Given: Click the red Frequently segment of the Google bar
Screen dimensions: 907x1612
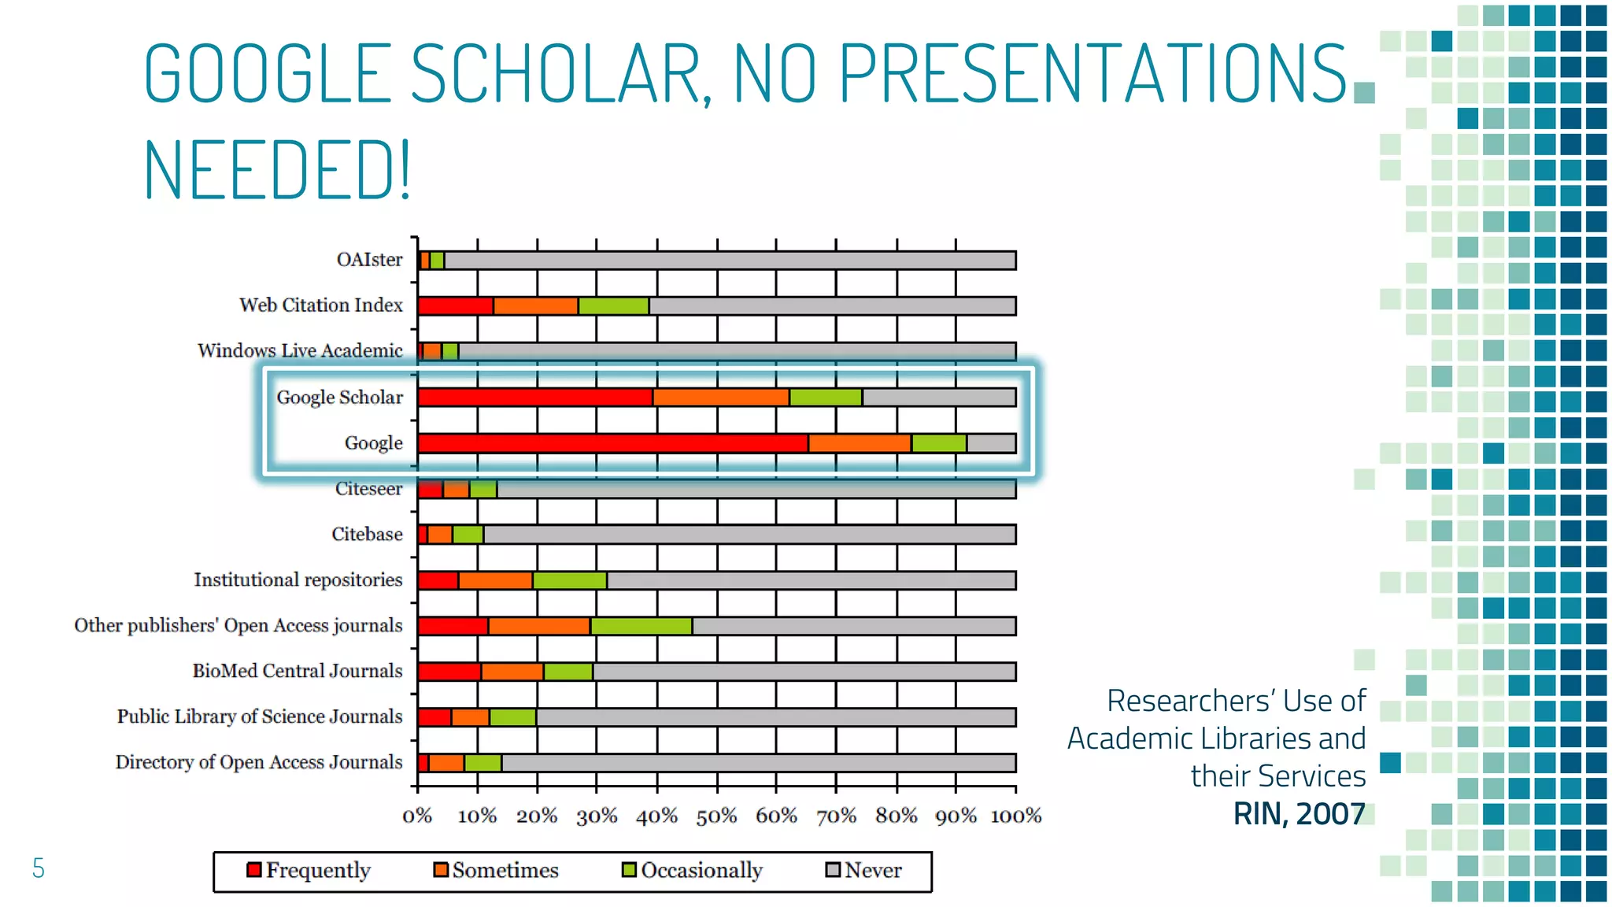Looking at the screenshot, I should click(x=612, y=443).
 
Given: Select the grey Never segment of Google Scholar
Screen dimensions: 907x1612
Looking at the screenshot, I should click(x=938, y=398).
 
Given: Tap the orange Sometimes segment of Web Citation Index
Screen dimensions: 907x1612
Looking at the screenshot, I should click(x=535, y=306).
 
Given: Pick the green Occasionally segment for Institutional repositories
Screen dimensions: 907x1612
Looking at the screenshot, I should click(x=570, y=581).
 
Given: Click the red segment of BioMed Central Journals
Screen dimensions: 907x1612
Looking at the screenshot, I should click(x=449, y=672).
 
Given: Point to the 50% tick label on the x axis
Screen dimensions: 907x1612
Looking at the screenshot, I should click(x=716, y=816).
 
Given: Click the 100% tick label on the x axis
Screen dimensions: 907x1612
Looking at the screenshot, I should click(x=1015, y=816).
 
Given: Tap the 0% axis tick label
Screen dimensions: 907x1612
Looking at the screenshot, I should click(x=417, y=816).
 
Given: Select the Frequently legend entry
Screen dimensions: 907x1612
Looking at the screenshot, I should click(x=309, y=871).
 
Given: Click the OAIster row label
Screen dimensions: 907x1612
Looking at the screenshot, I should click(x=369, y=260).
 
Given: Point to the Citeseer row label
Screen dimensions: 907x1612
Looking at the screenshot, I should click(x=368, y=489).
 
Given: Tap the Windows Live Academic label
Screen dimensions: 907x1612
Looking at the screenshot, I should click(x=300, y=351).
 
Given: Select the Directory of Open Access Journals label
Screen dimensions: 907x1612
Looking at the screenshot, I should click(x=259, y=763).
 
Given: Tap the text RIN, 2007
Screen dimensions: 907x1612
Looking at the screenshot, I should click(x=1299, y=814).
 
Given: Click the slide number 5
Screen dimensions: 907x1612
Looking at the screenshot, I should click(x=38, y=868).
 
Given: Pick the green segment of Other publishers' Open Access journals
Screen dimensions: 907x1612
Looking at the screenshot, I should click(x=641, y=627).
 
